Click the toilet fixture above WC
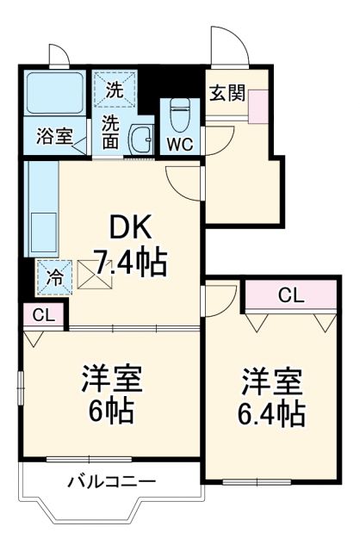179,113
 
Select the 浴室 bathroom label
53,135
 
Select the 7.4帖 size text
130,262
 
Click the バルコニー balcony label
111,482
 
